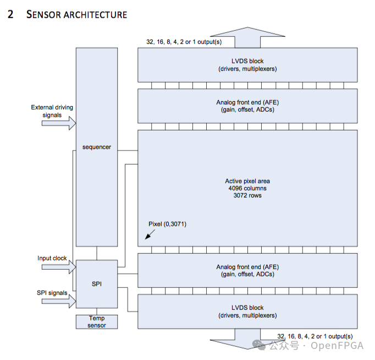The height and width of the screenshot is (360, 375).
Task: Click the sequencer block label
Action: [x=96, y=147]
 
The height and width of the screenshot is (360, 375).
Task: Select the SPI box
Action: [x=96, y=283]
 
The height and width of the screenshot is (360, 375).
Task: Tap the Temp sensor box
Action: [x=96, y=321]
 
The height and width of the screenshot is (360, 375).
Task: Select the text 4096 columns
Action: [x=247, y=188]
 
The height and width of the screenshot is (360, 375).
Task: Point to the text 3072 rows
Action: [x=247, y=195]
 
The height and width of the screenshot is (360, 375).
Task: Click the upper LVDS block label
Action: [x=247, y=61]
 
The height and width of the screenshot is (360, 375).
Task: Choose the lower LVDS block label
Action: [x=247, y=308]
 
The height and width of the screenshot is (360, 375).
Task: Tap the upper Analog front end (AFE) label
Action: [x=247, y=102]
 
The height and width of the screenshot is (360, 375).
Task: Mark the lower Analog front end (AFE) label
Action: [x=247, y=267]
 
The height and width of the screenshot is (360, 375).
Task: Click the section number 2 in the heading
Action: [x=10, y=14]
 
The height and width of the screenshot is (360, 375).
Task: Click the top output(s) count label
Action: [x=184, y=42]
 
